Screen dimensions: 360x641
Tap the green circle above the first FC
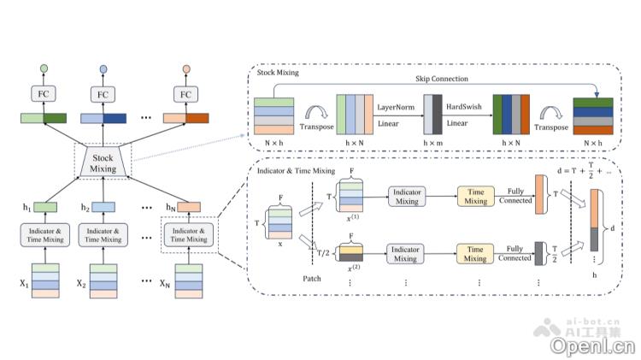pos(44,68)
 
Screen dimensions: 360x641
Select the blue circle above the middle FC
pos(103,68)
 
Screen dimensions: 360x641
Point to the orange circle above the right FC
pos(187,68)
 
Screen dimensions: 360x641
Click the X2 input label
pos(83,283)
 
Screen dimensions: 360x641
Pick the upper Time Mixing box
pos(476,197)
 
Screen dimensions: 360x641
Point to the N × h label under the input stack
pos(273,142)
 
